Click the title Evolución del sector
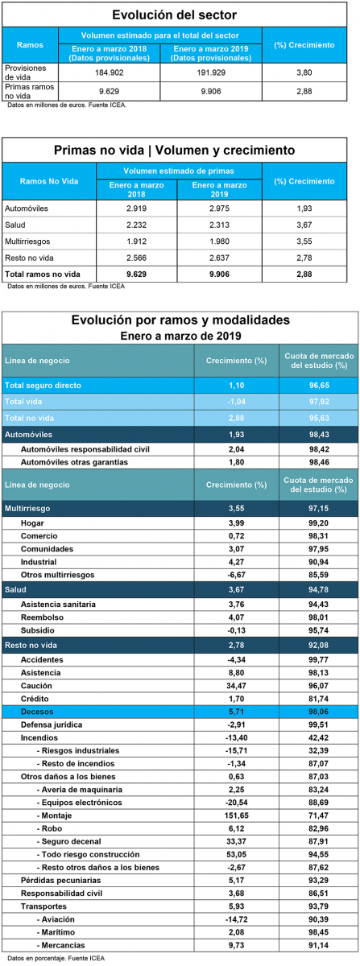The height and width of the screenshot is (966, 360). click(x=175, y=15)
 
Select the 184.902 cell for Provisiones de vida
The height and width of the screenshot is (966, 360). click(x=110, y=72)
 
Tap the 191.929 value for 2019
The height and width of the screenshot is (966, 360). click(x=211, y=72)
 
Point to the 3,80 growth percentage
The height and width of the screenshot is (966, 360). click(x=304, y=72)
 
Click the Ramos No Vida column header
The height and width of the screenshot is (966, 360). click(x=49, y=181)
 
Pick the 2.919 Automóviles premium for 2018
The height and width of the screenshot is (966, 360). click(x=136, y=208)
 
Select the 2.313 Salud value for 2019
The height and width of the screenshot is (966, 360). click(x=219, y=225)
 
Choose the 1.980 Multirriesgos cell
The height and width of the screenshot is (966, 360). click(x=219, y=241)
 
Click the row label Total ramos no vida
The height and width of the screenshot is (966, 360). click(x=43, y=274)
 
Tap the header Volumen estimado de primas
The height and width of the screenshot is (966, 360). click(x=179, y=171)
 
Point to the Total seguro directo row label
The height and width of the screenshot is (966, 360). click(x=43, y=385)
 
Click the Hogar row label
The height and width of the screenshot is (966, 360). click(x=32, y=523)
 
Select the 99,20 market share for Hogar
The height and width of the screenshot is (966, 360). click(x=319, y=523)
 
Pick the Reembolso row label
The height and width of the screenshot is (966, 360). click(x=43, y=617)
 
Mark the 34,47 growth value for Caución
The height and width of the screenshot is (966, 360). click(x=237, y=686)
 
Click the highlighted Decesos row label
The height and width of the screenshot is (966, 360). click(x=37, y=712)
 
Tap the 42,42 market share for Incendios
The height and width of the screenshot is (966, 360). click(x=319, y=737)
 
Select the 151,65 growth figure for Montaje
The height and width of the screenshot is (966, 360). click(x=237, y=815)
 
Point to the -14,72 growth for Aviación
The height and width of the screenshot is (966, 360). click(x=237, y=919)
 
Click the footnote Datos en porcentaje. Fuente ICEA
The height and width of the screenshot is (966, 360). click(x=56, y=958)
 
